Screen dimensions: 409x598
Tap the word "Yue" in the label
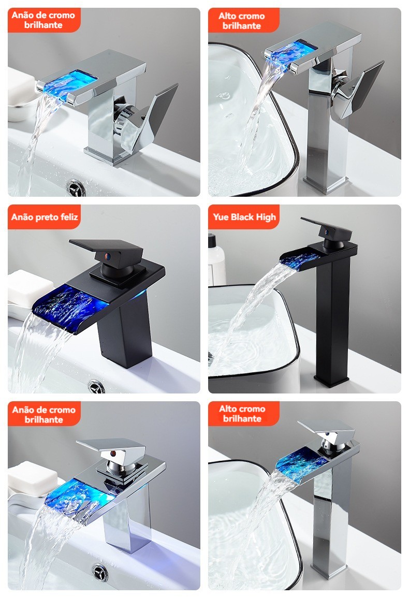(x=221, y=217)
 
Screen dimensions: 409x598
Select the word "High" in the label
(x=266, y=217)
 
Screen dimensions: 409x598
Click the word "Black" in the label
(x=242, y=217)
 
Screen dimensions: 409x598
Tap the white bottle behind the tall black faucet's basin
(x=216, y=260)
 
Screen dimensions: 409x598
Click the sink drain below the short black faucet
(x=96, y=386)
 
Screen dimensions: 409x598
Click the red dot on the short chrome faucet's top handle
(x=113, y=454)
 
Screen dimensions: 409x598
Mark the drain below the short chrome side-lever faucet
(x=76, y=188)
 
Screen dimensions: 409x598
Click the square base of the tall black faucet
(x=331, y=381)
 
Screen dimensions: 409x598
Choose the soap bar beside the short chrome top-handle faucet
(x=33, y=478)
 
